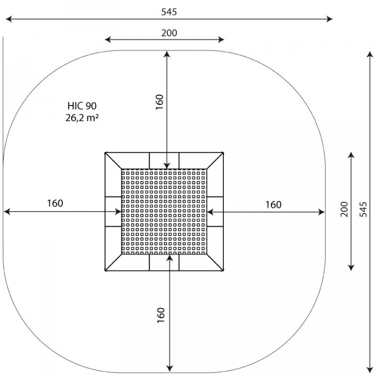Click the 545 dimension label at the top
click(169, 12)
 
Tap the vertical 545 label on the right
click(363, 210)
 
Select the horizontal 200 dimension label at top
click(169, 33)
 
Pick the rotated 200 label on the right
click(344, 210)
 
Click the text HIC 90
click(82, 106)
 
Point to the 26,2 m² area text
click(82, 118)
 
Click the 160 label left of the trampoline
click(55, 203)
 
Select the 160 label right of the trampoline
click(273, 205)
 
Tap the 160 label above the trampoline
click(160, 102)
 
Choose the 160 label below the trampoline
click(161, 315)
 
